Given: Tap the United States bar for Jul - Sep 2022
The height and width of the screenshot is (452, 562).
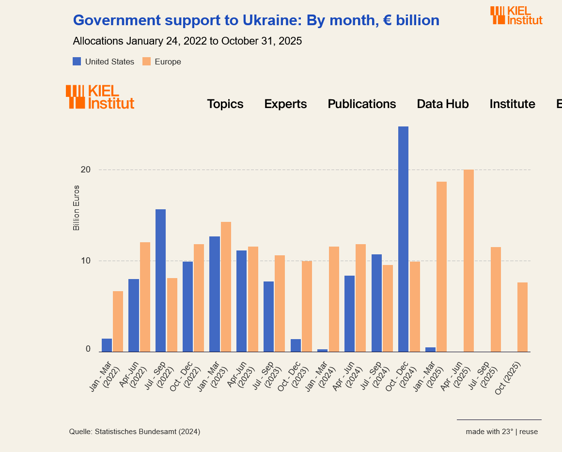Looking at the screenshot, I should [160, 281].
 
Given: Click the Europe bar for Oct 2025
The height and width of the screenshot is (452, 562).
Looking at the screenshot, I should [522, 317].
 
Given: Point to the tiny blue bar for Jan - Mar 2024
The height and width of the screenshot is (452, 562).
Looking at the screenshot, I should [322, 350].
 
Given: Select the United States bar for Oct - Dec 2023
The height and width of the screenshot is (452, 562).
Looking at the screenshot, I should [296, 345].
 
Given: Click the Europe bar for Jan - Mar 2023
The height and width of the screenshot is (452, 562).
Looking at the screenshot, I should [226, 287].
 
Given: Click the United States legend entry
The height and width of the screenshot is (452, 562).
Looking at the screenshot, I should [103, 62].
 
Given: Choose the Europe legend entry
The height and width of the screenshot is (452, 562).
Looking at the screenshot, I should [162, 62].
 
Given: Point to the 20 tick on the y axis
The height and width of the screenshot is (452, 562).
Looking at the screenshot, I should [86, 170].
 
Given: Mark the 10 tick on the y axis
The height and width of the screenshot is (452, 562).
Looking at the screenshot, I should [86, 261].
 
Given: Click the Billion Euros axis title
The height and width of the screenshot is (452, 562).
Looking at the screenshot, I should [76, 208].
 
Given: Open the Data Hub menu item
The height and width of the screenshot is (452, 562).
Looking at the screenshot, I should [442, 104].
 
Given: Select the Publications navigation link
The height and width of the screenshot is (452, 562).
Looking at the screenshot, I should [361, 104].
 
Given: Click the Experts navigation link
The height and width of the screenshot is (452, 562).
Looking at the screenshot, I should [285, 104].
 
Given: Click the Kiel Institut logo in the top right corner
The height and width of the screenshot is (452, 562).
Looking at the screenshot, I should [516, 15].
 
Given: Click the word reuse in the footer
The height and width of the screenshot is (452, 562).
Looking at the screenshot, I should [529, 432].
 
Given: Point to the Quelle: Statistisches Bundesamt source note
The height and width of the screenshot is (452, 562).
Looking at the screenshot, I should [135, 432].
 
